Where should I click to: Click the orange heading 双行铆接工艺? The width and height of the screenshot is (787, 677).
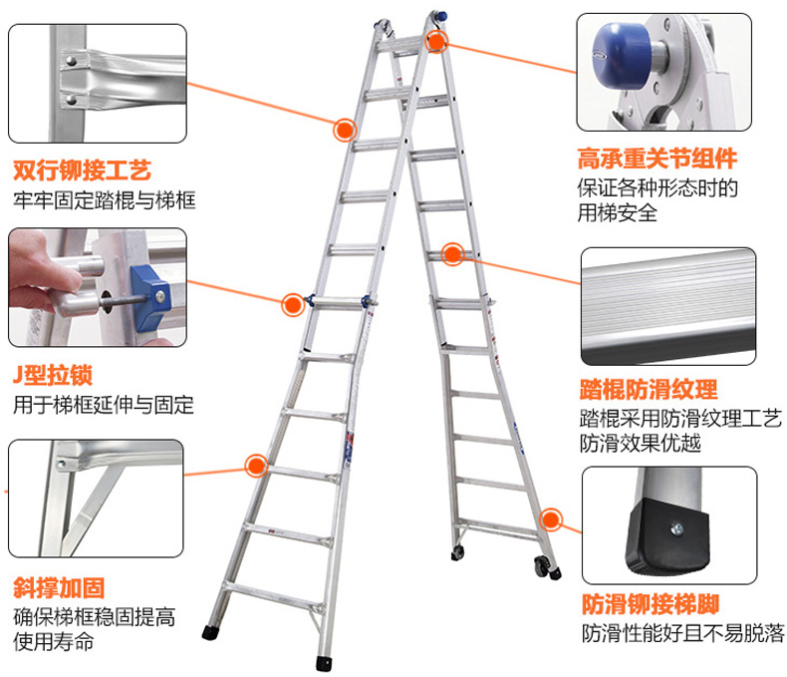tap(82, 170)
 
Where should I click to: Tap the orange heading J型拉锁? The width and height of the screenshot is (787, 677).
tap(53, 375)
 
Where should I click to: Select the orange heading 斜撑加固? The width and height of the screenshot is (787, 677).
tap(59, 587)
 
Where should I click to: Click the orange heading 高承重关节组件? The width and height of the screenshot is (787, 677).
tap(657, 159)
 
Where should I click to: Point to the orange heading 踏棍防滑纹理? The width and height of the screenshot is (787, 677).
tap(649, 389)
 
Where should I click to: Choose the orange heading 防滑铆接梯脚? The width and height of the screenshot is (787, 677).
tap(651, 604)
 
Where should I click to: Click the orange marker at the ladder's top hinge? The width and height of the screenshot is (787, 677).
tap(436, 41)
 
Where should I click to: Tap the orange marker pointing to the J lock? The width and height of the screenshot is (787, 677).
tap(293, 304)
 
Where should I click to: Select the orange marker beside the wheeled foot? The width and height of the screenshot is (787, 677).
tap(551, 519)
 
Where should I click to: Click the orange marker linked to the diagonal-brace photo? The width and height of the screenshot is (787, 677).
tap(256, 466)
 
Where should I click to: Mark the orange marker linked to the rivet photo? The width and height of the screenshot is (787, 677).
tap(345, 130)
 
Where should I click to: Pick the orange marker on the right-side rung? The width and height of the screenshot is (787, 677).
tap(452, 254)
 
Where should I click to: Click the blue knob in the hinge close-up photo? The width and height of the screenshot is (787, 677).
tap(622, 54)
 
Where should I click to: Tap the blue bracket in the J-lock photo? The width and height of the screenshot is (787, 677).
tap(151, 297)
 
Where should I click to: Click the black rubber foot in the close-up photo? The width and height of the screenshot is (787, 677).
tap(668, 535)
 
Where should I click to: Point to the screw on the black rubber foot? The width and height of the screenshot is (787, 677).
tap(676, 528)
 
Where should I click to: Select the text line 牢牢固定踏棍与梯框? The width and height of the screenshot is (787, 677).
tap(105, 200)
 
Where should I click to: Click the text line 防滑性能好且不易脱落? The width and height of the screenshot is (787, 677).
tap(683, 633)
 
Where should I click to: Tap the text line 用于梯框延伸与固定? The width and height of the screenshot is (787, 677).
tap(104, 405)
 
